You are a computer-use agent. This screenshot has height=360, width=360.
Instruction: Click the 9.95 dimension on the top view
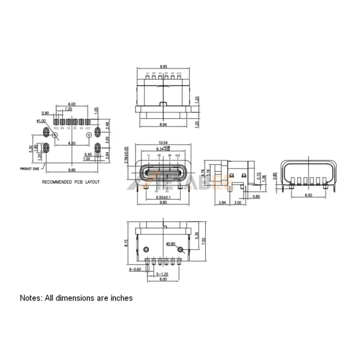163,67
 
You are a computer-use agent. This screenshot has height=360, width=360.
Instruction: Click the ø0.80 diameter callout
170,244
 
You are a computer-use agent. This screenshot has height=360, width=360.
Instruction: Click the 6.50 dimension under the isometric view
308,196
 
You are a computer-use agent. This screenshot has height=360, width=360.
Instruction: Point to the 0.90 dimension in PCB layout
45,113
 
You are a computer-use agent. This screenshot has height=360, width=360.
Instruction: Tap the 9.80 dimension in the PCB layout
71,170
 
